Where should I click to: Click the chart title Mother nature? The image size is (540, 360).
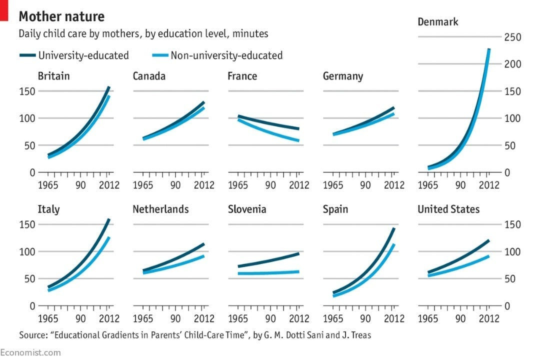61,16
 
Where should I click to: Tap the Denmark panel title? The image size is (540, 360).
438,22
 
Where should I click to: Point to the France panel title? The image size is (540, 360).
242,76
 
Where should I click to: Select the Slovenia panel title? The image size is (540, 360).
246,209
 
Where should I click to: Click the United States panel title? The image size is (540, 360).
448,209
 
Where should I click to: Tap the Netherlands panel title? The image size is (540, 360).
160,209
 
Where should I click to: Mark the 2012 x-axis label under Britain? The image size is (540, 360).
108,185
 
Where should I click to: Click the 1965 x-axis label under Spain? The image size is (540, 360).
333,318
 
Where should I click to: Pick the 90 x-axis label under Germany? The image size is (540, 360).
365,185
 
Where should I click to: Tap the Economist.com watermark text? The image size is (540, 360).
30,352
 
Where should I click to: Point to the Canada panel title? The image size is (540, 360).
149,76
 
